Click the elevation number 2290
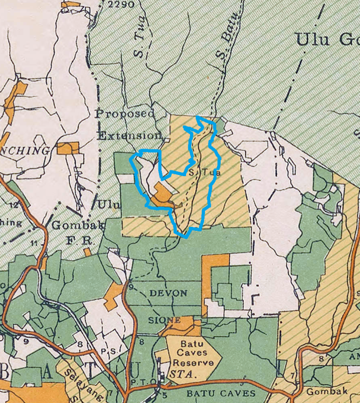tap(120, 5)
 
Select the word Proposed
tap(125, 114)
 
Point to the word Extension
tap(129, 136)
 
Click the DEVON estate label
tap(168, 293)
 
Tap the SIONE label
tap(165, 320)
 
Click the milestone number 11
tap(34, 244)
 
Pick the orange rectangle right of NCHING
tap(68, 147)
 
